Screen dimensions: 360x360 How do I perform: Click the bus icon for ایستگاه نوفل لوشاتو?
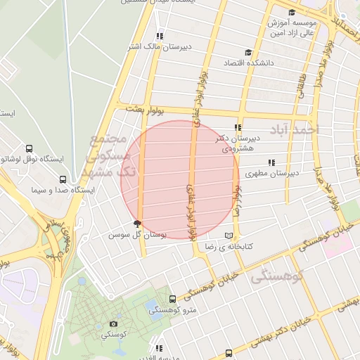click(29, 148)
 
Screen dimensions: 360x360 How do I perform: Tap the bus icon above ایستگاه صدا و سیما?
click(63, 179)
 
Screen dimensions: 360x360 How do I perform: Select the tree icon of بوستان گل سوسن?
click(146, 224)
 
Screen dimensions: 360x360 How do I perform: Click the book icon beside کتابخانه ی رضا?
click(227, 236)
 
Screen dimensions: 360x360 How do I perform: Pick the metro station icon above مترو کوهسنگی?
click(173, 300)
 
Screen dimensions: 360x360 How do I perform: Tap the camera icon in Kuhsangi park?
click(114, 324)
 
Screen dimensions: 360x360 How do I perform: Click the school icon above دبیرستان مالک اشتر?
click(160, 36)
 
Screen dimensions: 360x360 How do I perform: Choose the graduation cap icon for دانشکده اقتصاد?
click(247, 52)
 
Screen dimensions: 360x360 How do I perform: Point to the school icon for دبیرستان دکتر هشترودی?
click(238, 128)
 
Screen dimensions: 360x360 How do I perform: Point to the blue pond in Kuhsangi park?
click(150, 307)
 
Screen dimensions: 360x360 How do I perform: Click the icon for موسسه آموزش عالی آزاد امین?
click(292, 12)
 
